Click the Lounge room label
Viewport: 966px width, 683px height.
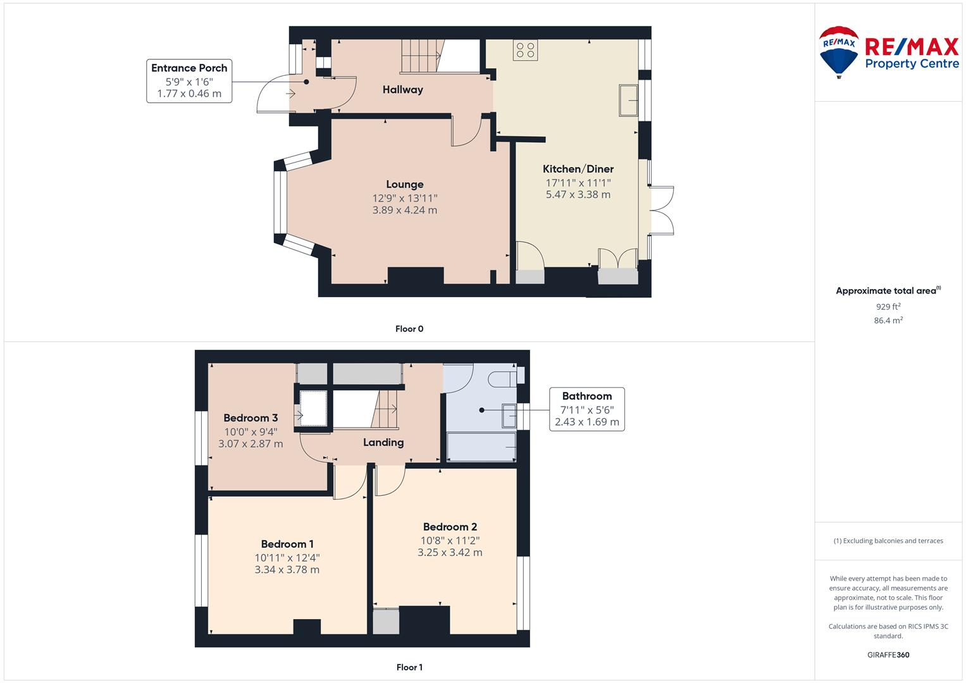404,184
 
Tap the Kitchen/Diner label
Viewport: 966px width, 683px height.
578,169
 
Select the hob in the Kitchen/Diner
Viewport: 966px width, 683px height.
525,50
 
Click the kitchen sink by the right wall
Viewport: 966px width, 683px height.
628,100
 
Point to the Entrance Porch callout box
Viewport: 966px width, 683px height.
189,80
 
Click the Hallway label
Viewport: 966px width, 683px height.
402,90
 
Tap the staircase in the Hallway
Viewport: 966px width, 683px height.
421,56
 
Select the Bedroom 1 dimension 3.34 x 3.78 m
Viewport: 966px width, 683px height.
287,570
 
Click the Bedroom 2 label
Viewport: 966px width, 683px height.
450,527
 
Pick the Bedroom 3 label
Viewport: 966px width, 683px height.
251,418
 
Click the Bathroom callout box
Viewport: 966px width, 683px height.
586,409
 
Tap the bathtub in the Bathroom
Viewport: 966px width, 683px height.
481,448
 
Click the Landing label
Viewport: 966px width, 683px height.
383,442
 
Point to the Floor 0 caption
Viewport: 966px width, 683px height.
409,329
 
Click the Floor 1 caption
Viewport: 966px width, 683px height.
409,667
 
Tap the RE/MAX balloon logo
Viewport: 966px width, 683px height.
838,51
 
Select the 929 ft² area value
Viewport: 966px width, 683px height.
888,307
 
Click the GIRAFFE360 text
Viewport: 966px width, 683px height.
888,655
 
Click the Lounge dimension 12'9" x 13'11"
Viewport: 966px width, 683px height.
404,198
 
